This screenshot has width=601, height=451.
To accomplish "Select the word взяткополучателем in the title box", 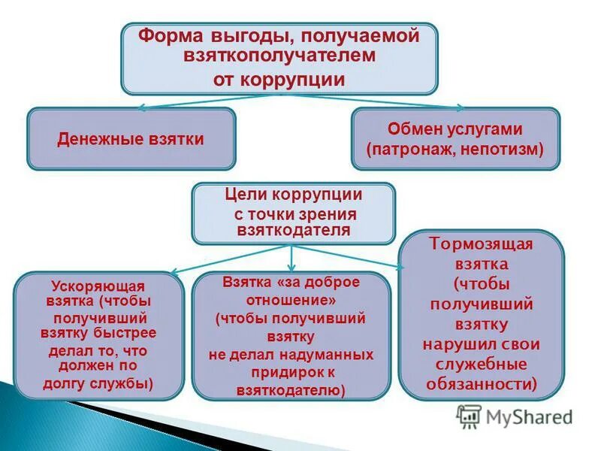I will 279,56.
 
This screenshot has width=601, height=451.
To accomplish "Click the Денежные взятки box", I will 131,139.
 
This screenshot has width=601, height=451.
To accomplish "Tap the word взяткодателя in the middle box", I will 293,230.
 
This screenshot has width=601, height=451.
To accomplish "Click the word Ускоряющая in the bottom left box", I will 98,286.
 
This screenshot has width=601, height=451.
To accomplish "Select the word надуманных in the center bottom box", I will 331,353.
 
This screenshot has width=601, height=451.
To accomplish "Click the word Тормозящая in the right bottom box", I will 481,245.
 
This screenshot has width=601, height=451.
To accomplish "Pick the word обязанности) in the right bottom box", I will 482,383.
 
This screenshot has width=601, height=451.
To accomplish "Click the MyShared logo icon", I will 469,416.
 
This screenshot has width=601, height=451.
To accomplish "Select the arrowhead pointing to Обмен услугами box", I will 459,110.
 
